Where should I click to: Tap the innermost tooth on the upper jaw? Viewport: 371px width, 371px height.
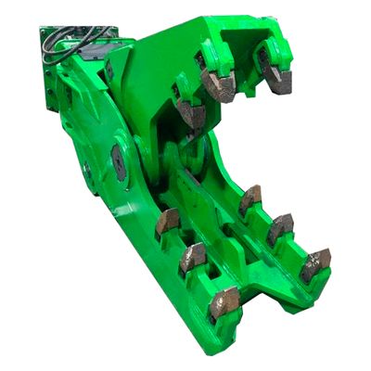point(192,113)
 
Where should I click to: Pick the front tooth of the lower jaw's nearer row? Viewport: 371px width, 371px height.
point(224,303)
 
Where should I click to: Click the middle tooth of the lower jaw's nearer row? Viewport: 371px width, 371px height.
point(193,257)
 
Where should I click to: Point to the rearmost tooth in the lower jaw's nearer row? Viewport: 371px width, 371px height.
point(168,221)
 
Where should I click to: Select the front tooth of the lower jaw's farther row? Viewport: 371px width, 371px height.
point(315,263)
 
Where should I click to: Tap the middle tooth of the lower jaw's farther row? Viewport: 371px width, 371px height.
point(280,227)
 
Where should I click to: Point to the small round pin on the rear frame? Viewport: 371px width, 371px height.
point(87,170)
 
